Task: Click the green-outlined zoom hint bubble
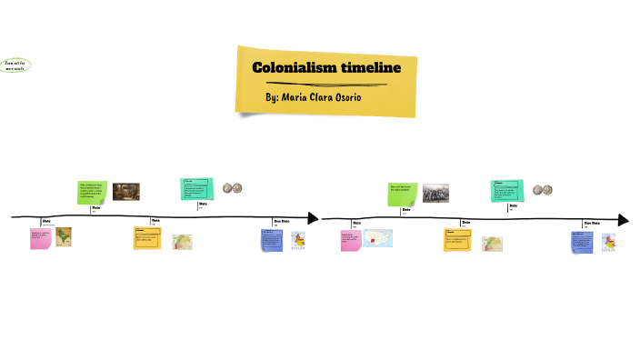[x=15, y=65]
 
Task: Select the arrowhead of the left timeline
[x=314, y=218]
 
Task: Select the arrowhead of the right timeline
[x=623, y=220]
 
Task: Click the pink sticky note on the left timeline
[x=40, y=239]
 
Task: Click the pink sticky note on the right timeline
[x=350, y=240]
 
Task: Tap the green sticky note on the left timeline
[x=92, y=191]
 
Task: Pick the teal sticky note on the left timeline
[x=196, y=188]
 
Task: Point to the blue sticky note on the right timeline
[x=582, y=242]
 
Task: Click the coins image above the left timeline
[x=233, y=188]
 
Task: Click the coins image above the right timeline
[x=543, y=190]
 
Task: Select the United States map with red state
[x=377, y=239]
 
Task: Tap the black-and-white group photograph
[x=435, y=192]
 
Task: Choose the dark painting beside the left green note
[x=125, y=191]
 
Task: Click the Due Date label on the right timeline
[x=591, y=223]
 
